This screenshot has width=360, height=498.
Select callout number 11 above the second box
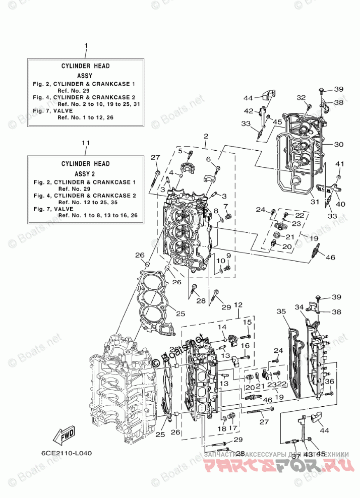pos(86,143)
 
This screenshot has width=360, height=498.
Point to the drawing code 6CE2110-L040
pos(64,453)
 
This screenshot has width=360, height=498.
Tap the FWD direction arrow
pos(61,435)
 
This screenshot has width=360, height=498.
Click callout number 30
pos(338,144)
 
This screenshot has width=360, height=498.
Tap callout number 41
pos(340,164)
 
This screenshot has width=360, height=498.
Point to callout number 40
pos(340,204)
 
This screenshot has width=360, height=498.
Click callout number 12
pos(238,305)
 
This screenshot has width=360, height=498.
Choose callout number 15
pos(248,322)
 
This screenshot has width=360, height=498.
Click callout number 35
pos(281,311)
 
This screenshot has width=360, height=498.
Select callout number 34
pos(299,307)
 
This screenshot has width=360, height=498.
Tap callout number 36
pos(329,381)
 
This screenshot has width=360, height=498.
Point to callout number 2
pos(206,136)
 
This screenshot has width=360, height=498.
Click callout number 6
pos(208,159)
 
